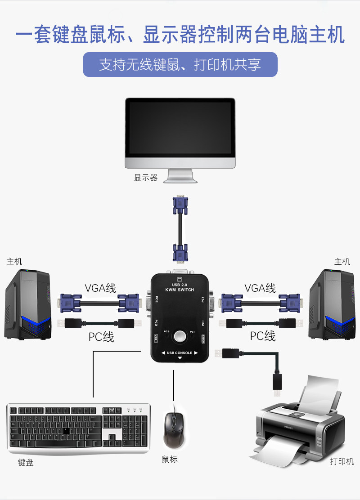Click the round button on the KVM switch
pos(180,336)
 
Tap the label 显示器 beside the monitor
pos(145,178)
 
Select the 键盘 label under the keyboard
pos(26,462)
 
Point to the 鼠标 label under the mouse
pos(170,459)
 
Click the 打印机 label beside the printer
pos(342,461)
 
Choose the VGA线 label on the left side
pos(100,288)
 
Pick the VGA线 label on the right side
pos(260,288)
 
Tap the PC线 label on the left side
pos(101,336)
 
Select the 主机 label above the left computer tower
pos(14,261)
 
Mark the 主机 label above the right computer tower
pos(342,262)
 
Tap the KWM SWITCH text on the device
pos(180,290)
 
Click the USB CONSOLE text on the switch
pos(180,353)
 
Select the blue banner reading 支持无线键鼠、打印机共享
pos(180,65)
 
